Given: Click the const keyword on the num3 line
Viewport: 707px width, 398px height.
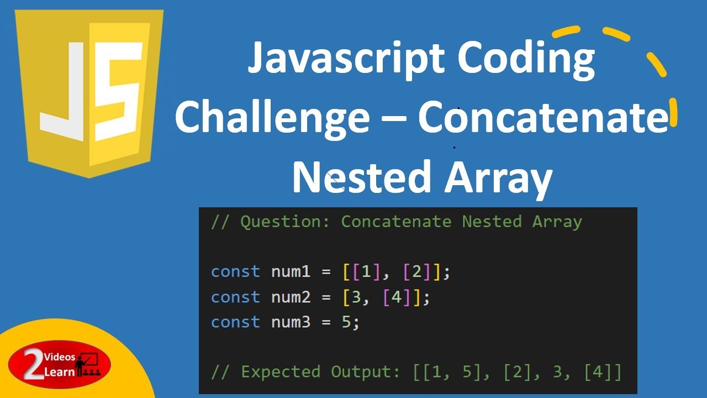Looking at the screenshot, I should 235,322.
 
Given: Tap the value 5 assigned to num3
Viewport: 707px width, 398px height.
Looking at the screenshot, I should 346,322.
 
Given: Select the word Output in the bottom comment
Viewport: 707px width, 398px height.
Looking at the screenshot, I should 365,372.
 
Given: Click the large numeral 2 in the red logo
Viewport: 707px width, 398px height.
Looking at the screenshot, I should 35,366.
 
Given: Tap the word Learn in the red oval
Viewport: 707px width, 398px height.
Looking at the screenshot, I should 59,372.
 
